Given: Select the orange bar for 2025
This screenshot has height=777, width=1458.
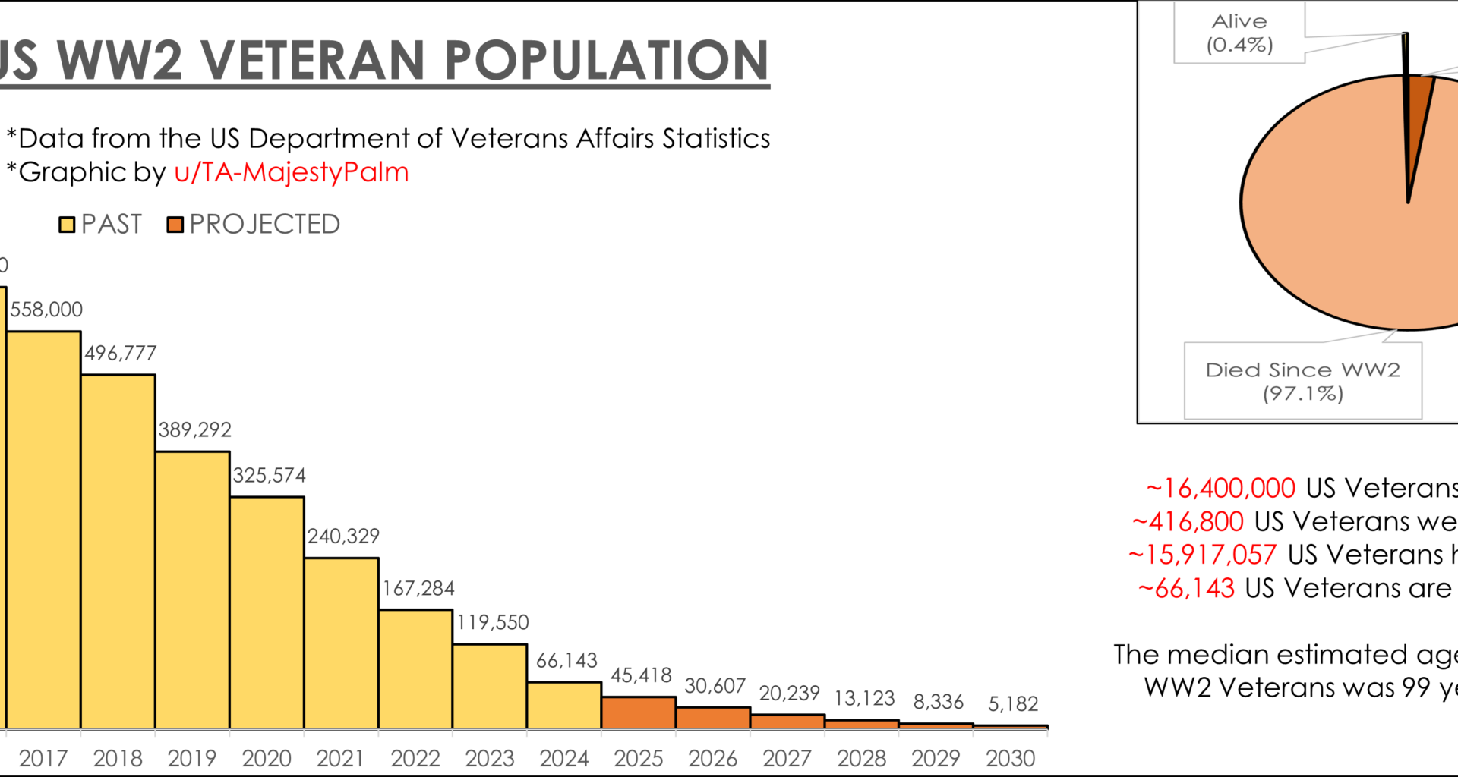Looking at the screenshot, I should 639,713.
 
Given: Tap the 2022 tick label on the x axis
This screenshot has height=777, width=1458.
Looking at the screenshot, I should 415,758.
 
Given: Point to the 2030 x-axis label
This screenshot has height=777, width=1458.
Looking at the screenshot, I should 1010,758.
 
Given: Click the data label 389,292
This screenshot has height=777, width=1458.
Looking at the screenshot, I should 194,430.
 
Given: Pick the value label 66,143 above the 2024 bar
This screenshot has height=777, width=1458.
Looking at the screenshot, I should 566,661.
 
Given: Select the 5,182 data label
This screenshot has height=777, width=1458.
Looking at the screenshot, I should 1013,704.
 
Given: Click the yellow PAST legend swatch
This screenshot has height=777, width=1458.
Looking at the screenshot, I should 67,225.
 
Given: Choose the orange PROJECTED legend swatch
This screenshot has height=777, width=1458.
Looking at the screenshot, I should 175,225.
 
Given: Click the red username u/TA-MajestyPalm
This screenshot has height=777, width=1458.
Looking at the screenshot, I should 292,172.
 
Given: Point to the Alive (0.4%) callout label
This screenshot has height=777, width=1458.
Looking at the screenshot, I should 1239,33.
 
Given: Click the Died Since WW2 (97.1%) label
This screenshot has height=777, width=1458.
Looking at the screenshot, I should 1302,382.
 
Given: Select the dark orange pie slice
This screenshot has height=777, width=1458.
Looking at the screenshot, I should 1418,114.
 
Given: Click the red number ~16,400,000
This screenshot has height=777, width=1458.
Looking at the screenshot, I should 1221,489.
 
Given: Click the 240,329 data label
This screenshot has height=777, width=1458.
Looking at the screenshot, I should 343,536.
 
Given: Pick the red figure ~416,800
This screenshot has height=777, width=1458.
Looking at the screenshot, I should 1188,522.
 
